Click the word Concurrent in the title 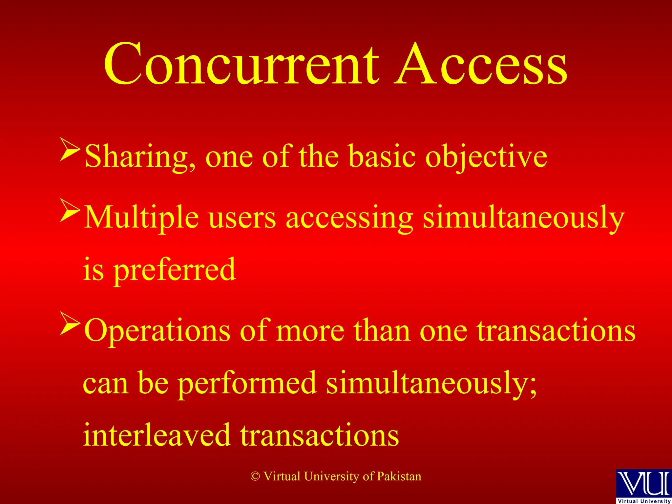(x=241, y=64)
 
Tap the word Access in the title (x=481, y=64)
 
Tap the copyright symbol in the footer (x=255, y=476)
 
